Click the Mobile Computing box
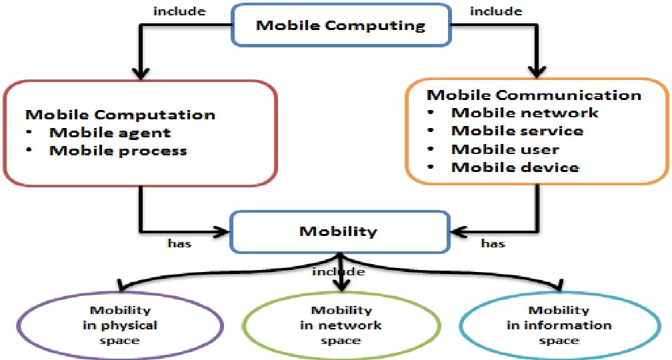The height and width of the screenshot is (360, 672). pos(341,27)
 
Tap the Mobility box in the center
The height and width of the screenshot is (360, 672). pos(338,232)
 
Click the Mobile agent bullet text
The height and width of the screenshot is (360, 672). pos(110,132)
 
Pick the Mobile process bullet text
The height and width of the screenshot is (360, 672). pos(118,150)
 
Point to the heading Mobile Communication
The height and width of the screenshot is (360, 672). pos(533,95)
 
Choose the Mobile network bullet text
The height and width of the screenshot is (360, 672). pos(525,113)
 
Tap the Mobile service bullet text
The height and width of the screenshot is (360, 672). pos(517,131)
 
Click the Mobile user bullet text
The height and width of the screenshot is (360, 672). pos(505,149)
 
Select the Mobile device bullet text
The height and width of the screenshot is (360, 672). pos(515,167)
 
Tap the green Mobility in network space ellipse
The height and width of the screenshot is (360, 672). pos(341,325)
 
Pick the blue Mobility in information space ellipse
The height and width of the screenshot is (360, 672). pos(559,325)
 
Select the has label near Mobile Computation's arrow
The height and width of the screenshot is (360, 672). pos(179,244)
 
